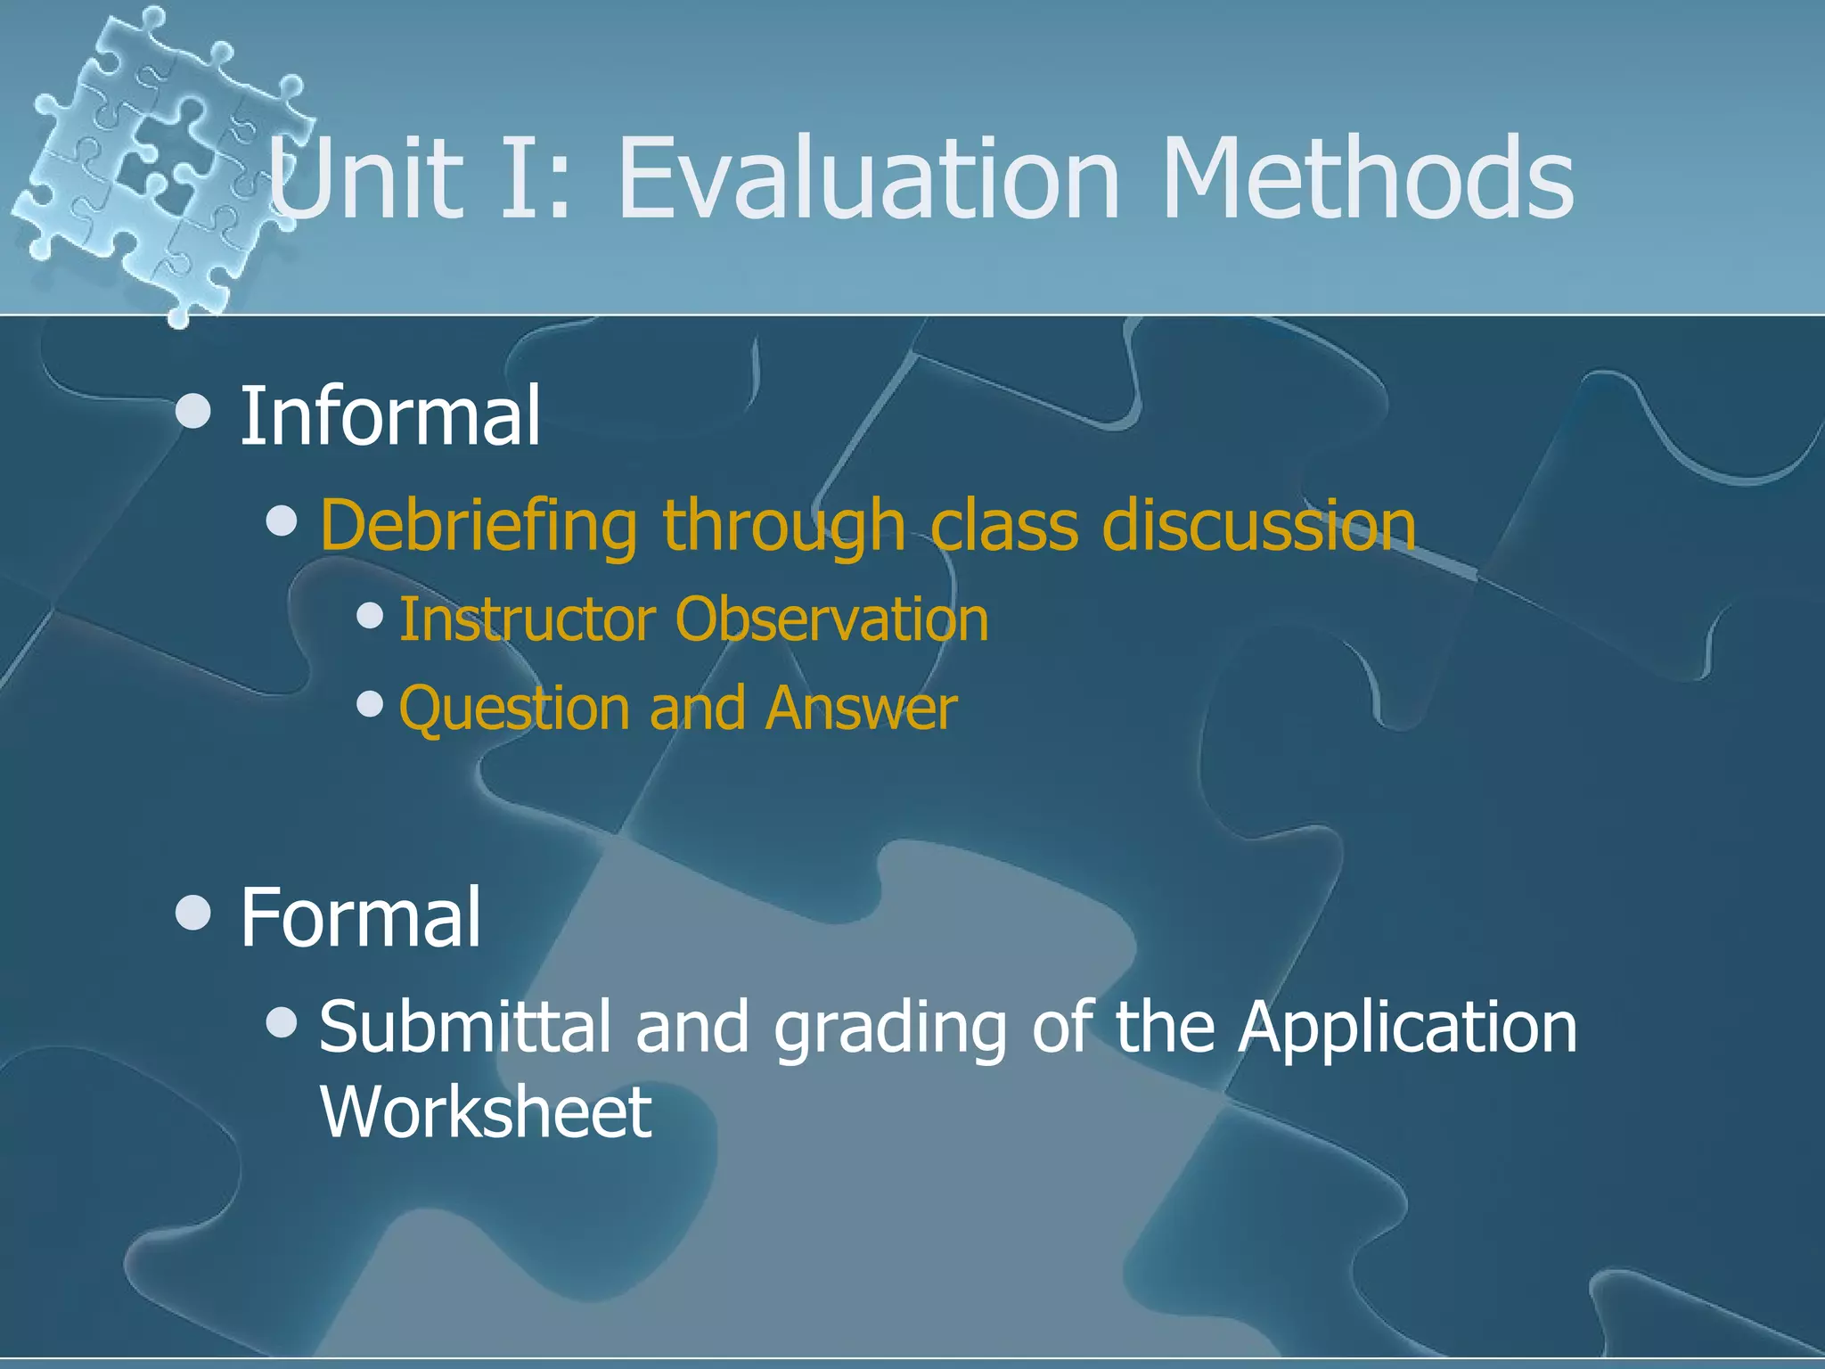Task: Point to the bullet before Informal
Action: (193, 413)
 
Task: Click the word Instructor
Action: (528, 619)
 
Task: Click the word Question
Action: (514, 709)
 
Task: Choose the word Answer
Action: (861, 708)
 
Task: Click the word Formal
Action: (360, 917)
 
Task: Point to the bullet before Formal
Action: (193, 913)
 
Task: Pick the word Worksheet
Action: (486, 1111)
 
